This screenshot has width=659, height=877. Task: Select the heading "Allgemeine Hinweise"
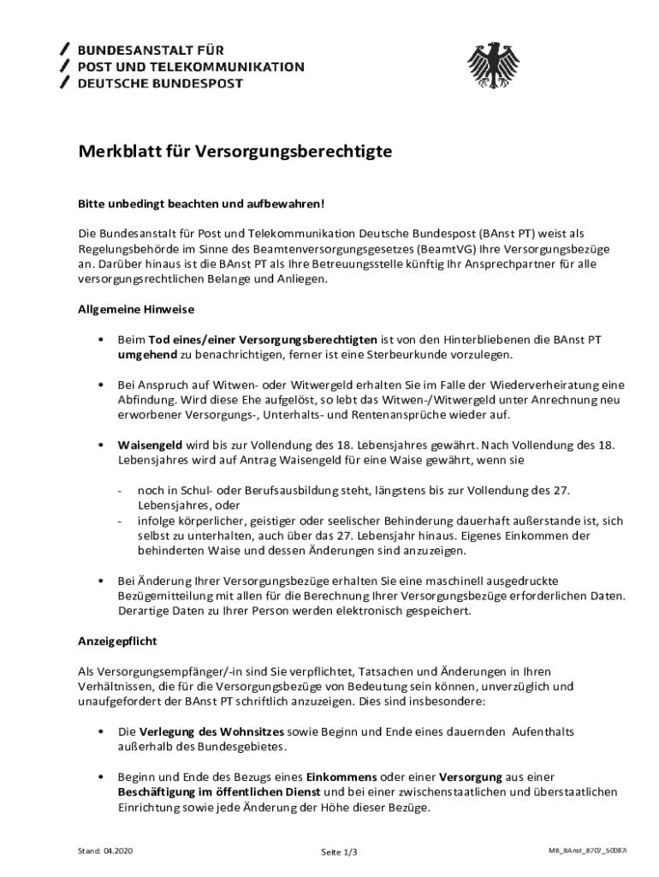click(x=134, y=308)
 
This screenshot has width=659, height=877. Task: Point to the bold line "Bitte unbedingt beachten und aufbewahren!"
click(x=201, y=205)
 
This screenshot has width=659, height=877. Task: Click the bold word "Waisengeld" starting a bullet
click(x=150, y=445)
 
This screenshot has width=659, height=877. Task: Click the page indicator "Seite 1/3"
click(x=339, y=852)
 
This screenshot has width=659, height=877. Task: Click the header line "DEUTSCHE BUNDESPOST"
click(x=160, y=83)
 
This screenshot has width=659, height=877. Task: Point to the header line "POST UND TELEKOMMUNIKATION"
click(x=191, y=66)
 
